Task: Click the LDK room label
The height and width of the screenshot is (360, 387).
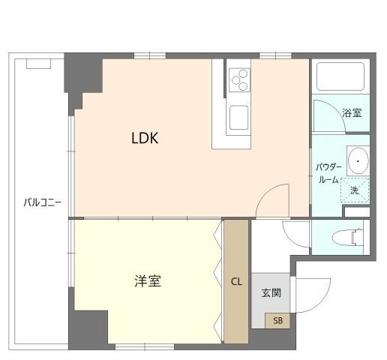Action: (144, 138)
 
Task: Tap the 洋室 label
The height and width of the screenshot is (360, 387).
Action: (148, 281)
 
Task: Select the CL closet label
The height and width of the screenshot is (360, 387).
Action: (236, 282)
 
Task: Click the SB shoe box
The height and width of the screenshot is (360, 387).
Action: (277, 321)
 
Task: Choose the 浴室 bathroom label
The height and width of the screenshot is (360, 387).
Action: (352, 113)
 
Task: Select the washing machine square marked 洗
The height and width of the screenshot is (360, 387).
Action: (355, 190)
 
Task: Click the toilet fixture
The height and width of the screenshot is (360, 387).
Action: (346, 238)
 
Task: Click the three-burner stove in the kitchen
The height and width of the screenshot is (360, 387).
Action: (240, 78)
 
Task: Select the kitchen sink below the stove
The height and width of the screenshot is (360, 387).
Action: (240, 118)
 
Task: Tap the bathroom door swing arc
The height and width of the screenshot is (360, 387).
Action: (324, 116)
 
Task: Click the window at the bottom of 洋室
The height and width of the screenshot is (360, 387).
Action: (145, 346)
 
